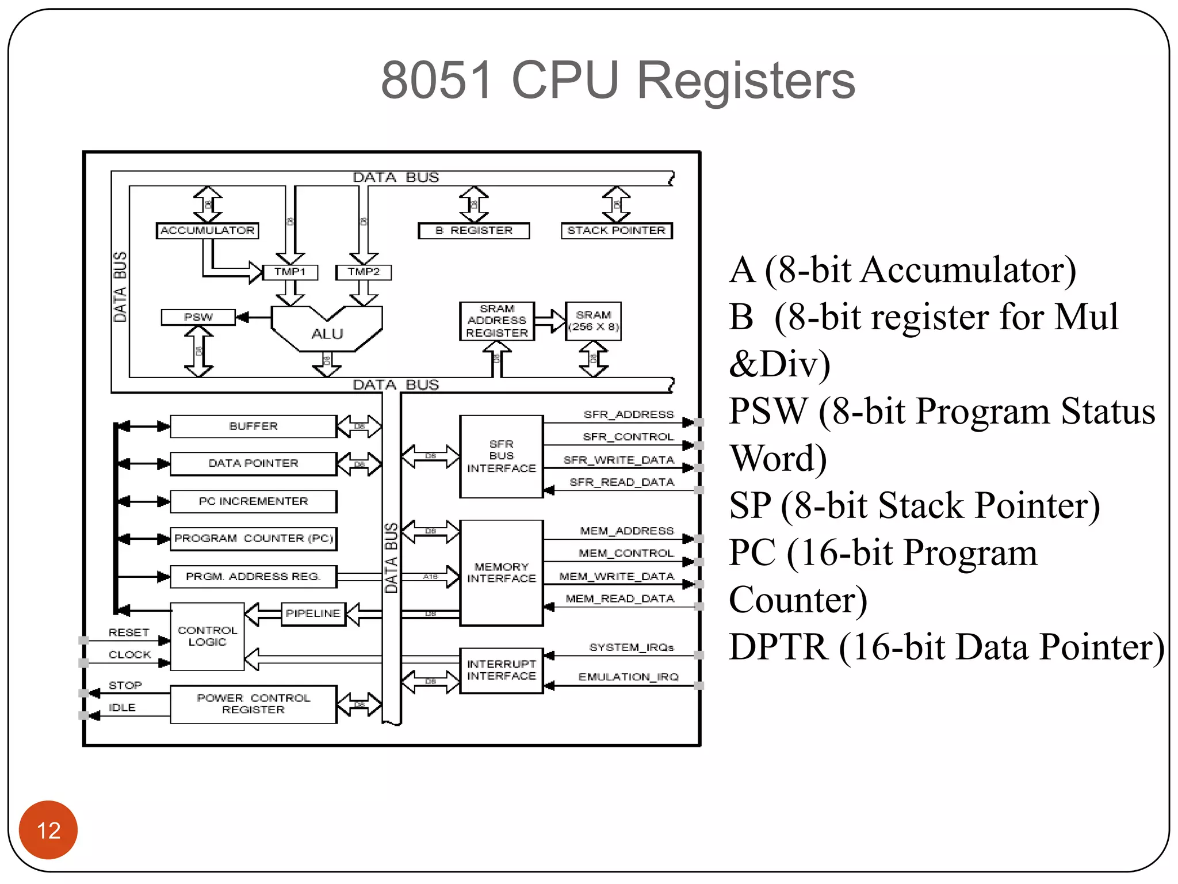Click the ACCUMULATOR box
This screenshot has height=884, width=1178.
pos(208,231)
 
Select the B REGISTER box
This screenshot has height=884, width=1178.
pos(473,231)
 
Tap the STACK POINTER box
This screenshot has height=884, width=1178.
pos(617,231)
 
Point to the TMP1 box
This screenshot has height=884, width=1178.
pos(290,272)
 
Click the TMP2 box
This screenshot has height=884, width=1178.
pos(364,272)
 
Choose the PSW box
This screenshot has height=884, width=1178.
pos(198,317)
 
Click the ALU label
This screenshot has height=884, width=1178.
pos(327,334)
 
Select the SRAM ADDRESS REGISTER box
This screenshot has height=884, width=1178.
pos(497,321)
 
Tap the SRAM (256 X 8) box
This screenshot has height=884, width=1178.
pos(593,321)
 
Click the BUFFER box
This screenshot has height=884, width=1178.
pos(253,426)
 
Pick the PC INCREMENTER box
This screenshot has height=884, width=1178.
pos(253,501)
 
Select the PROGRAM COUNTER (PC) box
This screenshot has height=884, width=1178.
pos(253,539)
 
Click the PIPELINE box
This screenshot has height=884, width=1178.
pos(313,614)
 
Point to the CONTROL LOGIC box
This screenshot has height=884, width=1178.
pos(207,637)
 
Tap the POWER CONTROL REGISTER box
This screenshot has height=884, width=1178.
pos(253,704)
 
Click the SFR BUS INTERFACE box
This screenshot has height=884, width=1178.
pos(501,456)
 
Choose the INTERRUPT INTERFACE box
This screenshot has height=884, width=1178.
pos(501,670)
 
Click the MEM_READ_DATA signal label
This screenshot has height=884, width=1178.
pos(619,599)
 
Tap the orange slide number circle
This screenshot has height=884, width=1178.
pos(48,830)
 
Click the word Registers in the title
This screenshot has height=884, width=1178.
pos(746,81)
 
